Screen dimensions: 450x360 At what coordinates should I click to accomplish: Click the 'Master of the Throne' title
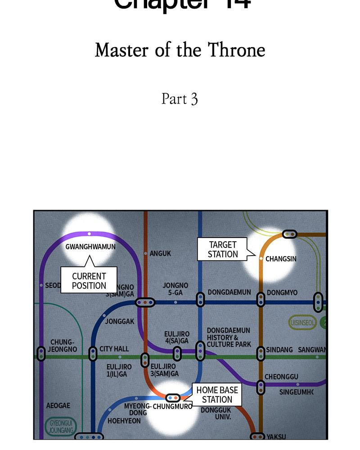click(180, 50)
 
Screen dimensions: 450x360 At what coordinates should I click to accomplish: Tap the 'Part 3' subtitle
click(180, 99)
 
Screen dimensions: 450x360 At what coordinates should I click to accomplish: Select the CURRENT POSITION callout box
click(89, 280)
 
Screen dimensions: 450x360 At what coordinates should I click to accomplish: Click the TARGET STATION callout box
click(222, 249)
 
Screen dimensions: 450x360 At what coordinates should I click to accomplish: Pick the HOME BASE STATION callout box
click(217, 395)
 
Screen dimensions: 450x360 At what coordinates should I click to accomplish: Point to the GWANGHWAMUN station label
click(90, 247)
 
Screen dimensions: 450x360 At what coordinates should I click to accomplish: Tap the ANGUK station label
click(160, 253)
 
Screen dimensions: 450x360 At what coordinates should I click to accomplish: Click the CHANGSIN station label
click(281, 259)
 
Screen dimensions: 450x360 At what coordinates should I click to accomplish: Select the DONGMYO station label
click(282, 292)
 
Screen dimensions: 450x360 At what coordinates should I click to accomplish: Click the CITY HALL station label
click(114, 349)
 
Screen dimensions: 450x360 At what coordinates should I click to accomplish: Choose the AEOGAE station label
click(58, 405)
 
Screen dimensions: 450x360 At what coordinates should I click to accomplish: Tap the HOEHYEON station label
click(124, 421)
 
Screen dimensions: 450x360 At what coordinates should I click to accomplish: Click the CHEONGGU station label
click(281, 377)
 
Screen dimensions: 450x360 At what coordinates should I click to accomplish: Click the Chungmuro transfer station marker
click(173, 398)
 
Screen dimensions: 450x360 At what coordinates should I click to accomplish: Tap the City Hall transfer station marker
click(93, 354)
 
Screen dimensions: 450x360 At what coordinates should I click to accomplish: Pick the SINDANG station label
click(279, 350)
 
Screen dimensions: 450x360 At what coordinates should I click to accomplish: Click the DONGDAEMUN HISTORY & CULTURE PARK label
click(229, 337)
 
